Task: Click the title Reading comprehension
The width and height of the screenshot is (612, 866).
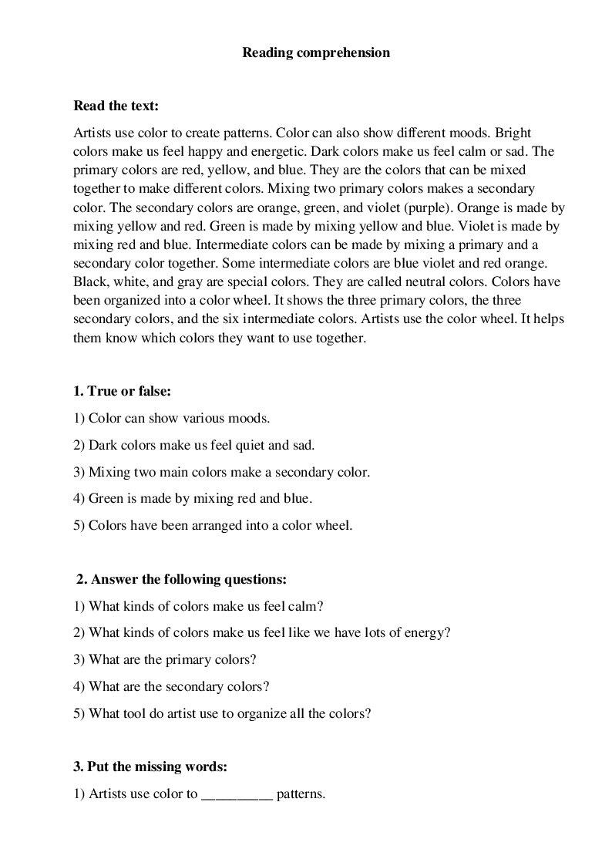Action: click(x=316, y=53)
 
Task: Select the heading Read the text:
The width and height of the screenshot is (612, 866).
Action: click(x=116, y=106)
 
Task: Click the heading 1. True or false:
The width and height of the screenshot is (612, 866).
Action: click(x=121, y=391)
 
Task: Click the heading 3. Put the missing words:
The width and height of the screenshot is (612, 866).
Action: click(x=150, y=767)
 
